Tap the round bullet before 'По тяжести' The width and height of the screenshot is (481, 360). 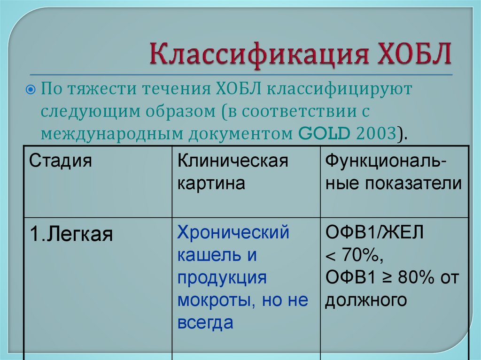[30, 89]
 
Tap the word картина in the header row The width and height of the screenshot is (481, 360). [211, 183]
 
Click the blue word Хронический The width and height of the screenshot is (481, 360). [233, 232]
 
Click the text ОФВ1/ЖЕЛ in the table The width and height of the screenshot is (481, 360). [374, 232]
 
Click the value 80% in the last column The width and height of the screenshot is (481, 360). [414, 277]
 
